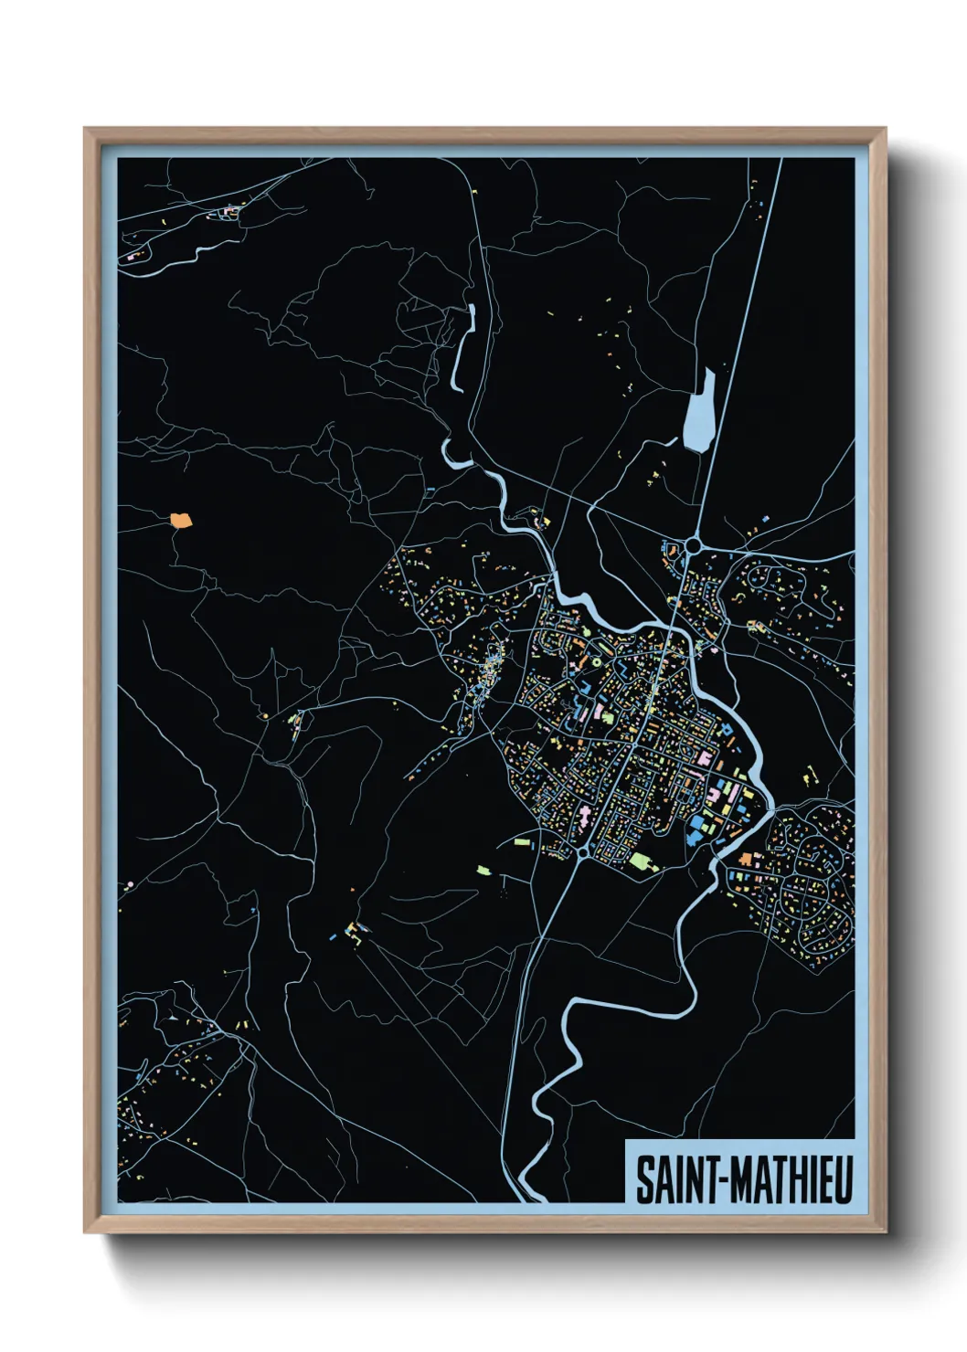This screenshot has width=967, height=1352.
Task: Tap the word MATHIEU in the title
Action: [x=792, y=1180]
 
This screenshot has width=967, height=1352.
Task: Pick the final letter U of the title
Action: [x=843, y=1180]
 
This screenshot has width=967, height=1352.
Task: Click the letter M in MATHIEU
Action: [x=740, y=1180]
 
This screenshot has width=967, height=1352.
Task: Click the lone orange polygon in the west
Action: [x=181, y=522]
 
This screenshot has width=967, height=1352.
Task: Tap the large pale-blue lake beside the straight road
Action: [x=697, y=412]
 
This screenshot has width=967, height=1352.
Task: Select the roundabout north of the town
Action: [x=693, y=546]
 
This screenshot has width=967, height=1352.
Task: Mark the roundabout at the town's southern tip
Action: [x=583, y=852]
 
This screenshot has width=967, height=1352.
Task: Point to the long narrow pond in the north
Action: [x=462, y=352]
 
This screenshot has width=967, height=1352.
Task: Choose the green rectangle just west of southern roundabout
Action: [x=522, y=841]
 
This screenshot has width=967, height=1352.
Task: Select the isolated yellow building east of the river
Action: [x=808, y=777]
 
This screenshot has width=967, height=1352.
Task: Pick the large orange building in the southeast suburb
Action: [x=746, y=859]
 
